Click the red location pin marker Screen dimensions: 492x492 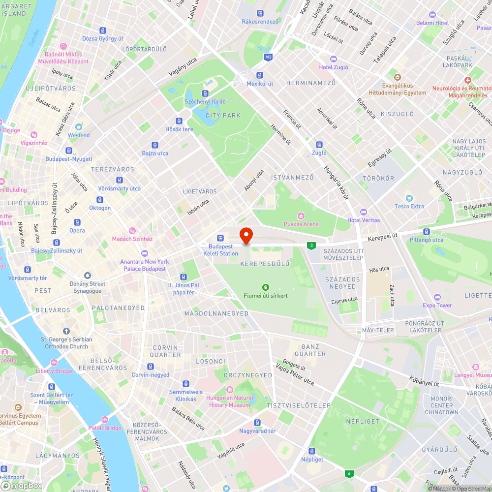tap(246, 235)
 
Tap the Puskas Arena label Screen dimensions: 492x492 tap(301, 224)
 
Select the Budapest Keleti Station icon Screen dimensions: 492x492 tap(220, 238)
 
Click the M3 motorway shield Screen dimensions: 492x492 tap(268, 57)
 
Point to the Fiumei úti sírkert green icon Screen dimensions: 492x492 tap(266, 287)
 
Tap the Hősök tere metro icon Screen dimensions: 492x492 tap(179, 121)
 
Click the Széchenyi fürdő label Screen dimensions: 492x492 tap(205, 102)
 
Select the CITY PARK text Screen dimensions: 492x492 tap(223, 116)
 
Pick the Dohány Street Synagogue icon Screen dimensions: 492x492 tap(88, 276)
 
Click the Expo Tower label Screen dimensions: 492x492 tap(437, 305)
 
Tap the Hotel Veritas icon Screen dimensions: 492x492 tap(364, 212)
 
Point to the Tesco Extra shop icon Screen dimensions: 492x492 tap(409, 198)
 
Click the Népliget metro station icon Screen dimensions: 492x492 tap(312, 451)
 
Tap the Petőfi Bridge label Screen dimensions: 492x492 tap(105, 428)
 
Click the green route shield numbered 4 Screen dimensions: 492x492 tap(349, 474)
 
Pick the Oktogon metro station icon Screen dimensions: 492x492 tap(100, 200)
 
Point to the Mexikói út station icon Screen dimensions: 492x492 tap(260, 75)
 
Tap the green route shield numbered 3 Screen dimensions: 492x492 tap(311, 245)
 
